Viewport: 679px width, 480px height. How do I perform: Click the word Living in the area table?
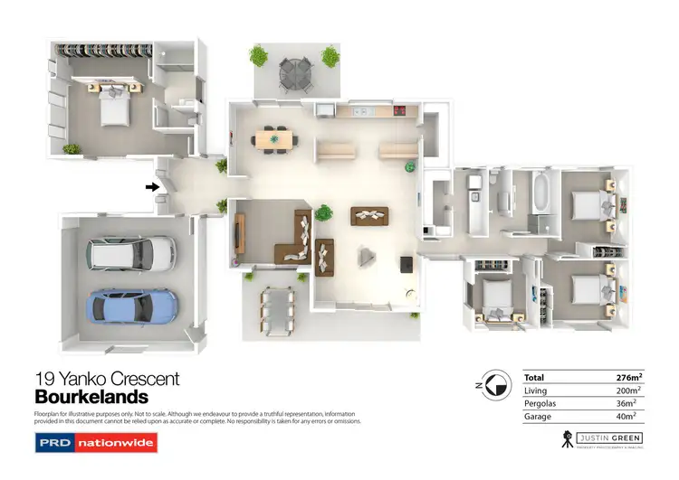(537, 390)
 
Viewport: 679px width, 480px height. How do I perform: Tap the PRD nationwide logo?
(96, 443)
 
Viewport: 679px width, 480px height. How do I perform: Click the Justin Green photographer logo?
(603, 440)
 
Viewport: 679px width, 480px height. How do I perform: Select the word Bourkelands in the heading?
(91, 397)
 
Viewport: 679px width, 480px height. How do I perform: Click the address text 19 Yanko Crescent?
(107, 379)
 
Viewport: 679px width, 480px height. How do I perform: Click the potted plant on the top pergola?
(260, 56)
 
